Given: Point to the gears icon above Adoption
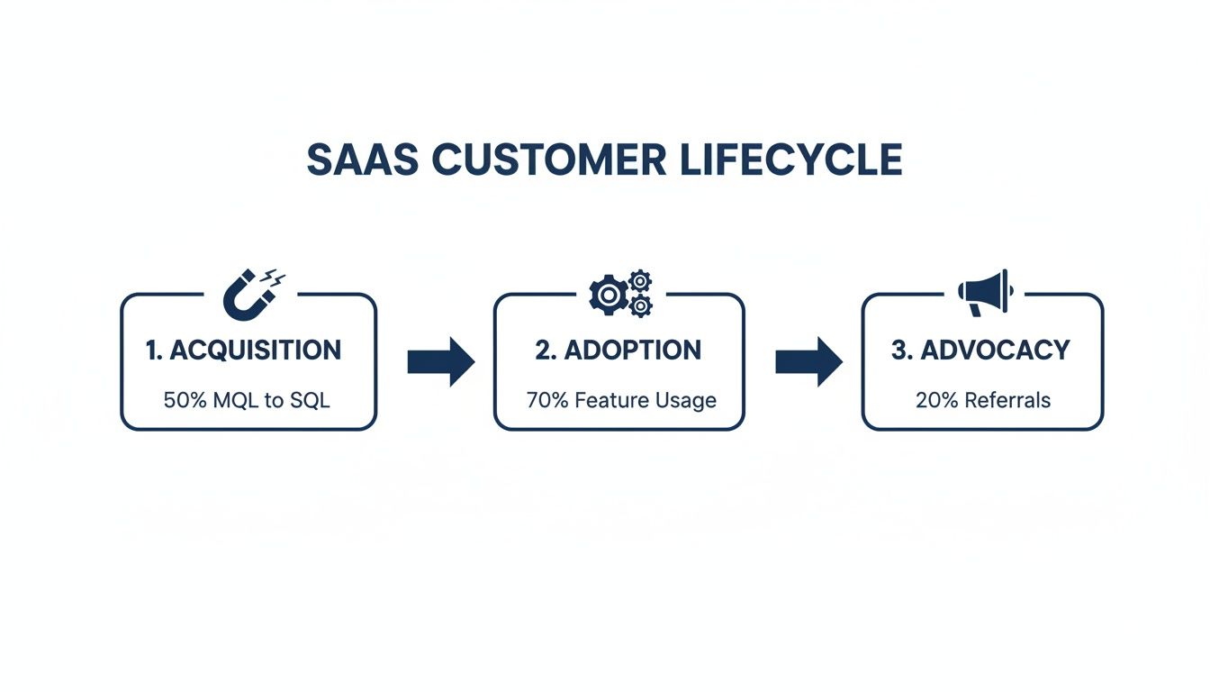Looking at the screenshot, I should click(620, 293).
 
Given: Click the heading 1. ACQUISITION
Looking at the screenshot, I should click(244, 351).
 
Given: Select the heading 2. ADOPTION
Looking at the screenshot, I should click(619, 351).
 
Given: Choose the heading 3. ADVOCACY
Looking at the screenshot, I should click(980, 351).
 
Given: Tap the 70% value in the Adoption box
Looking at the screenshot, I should click(546, 400).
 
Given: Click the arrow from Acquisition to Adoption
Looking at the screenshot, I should click(440, 362).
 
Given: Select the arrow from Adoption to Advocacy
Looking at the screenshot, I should click(808, 362).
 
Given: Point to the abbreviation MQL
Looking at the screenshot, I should click(236, 400).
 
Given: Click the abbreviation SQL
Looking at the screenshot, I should click(310, 400).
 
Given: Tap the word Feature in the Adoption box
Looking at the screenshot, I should click(613, 400).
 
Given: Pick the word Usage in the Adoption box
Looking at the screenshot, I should click(690, 401).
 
